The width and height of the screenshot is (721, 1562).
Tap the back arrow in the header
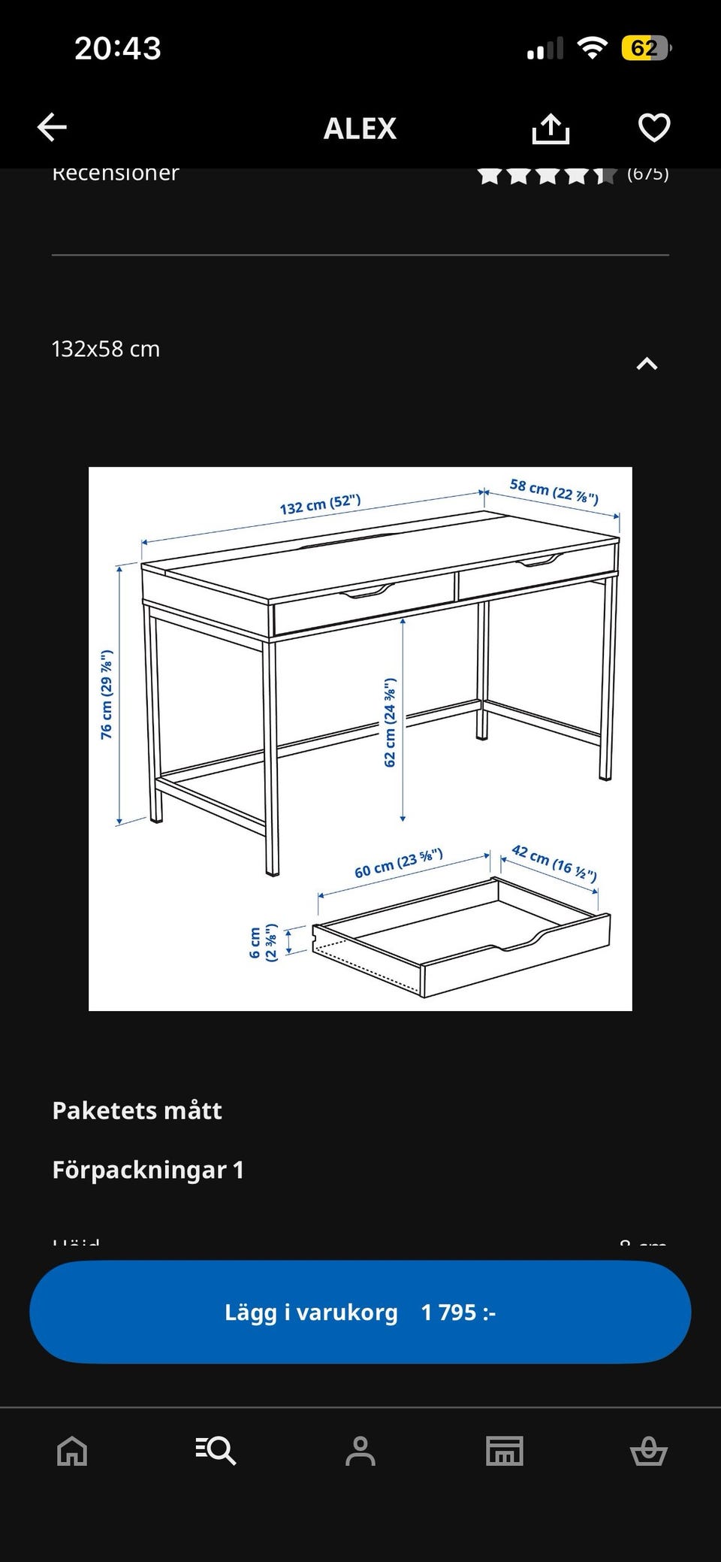coord(52,128)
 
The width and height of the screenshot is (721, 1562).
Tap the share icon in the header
coord(551,129)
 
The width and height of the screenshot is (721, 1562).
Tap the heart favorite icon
coord(653,128)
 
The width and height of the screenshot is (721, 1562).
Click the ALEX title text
coord(360,129)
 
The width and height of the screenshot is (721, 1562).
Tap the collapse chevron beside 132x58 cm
coord(647,364)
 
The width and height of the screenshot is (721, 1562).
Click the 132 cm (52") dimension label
coord(320,504)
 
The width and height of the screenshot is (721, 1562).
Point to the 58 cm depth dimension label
coord(554,491)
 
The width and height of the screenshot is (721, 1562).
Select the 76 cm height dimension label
coord(107,695)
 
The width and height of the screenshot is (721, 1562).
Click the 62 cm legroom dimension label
coord(390,722)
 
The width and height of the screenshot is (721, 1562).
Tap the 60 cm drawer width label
coord(399,863)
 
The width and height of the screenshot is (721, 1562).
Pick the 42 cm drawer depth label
coord(554,862)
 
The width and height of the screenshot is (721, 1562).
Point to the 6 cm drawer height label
coord(263,942)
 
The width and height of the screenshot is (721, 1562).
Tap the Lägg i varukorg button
coord(360,1312)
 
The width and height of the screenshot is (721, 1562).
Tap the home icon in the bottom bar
coord(72,1451)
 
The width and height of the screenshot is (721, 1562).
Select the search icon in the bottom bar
coord(216,1451)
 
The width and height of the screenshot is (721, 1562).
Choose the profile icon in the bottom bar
coord(360,1451)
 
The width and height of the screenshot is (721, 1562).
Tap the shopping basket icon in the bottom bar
coord(648,1451)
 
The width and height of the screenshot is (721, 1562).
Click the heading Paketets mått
coord(137,1110)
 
